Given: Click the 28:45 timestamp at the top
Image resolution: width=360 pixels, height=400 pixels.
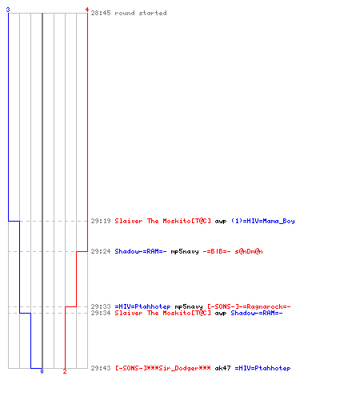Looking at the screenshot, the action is tap(101, 13).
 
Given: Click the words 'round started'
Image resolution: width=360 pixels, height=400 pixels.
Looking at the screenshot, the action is tap(141, 13).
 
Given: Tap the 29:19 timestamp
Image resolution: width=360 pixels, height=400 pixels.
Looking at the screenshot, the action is tap(101, 221).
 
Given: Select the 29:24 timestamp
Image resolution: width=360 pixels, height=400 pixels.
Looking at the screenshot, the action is tap(101, 251).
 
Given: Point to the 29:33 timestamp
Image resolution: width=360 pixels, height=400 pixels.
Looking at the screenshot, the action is tap(101, 306).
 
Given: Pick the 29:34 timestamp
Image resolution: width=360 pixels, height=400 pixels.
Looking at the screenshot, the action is tap(101, 313).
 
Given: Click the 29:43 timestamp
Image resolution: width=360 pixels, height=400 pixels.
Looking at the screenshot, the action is tap(101, 368).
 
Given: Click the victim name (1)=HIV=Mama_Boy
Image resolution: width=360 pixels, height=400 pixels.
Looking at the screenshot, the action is tap(262, 221).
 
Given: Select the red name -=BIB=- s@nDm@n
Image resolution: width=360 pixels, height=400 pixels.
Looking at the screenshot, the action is tap(233, 251).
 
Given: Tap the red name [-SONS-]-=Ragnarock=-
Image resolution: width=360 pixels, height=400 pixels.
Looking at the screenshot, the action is tap(249, 306).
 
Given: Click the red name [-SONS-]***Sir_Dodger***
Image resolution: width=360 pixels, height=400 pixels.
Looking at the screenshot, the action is tap(163, 368).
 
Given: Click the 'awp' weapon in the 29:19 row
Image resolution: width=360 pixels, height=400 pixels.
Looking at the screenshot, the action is tap(221, 222).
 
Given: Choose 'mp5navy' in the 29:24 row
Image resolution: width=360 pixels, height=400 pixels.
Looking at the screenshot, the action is tap(185, 251).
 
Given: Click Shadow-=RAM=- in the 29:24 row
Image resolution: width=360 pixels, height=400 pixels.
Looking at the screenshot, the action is tap(141, 251).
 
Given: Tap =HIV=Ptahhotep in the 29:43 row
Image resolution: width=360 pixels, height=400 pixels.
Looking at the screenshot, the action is tap(262, 368).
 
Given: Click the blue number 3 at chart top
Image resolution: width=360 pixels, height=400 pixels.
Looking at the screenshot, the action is tap(8, 10).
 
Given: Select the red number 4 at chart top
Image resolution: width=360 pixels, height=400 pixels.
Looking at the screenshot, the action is tap(87, 10).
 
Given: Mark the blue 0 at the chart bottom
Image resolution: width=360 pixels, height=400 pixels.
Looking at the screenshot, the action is tap(42, 371).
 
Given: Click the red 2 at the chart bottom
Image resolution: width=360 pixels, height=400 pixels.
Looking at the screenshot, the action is tap(65, 371).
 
